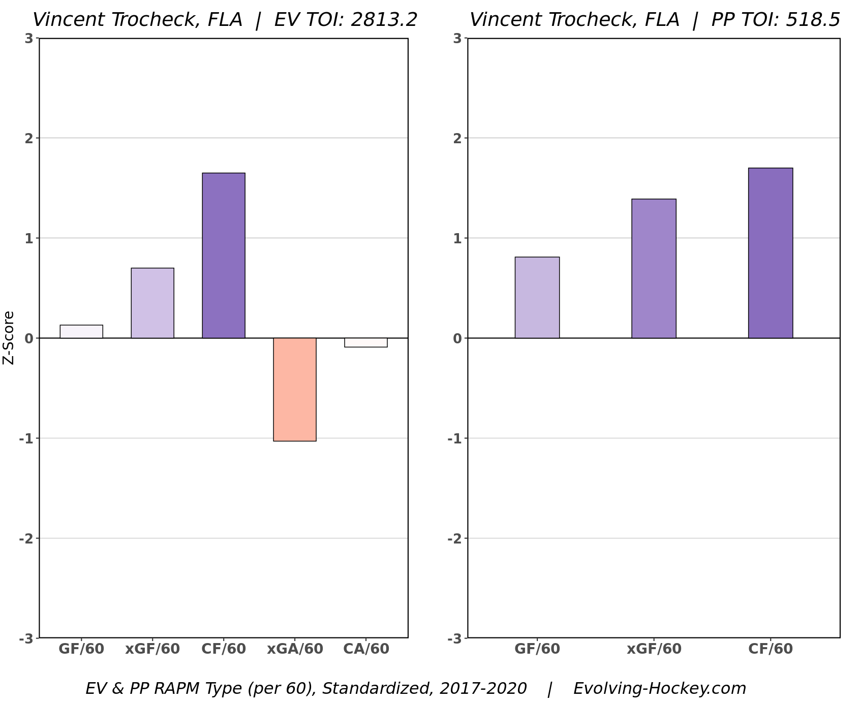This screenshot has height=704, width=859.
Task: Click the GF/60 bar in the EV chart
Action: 81,332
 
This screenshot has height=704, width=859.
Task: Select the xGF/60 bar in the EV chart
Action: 152,303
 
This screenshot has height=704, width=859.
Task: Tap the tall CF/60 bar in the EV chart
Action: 224,255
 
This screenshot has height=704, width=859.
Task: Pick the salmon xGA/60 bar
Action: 295,389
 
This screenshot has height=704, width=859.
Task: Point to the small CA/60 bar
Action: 366,342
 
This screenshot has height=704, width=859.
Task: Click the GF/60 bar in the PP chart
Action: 537,298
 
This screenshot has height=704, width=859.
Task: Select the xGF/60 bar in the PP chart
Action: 654,269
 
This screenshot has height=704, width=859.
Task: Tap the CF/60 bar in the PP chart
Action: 771,253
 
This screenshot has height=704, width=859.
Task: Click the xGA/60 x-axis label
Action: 295,649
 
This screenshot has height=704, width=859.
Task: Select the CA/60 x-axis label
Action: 366,649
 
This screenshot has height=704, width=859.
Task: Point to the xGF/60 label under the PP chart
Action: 654,649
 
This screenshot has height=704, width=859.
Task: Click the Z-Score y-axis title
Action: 9,338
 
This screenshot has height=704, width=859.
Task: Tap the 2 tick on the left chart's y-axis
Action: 28,138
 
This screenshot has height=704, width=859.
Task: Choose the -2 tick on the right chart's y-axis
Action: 454,538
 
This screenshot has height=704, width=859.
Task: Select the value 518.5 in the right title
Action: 813,20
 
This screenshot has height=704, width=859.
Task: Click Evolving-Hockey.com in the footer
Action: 660,689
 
